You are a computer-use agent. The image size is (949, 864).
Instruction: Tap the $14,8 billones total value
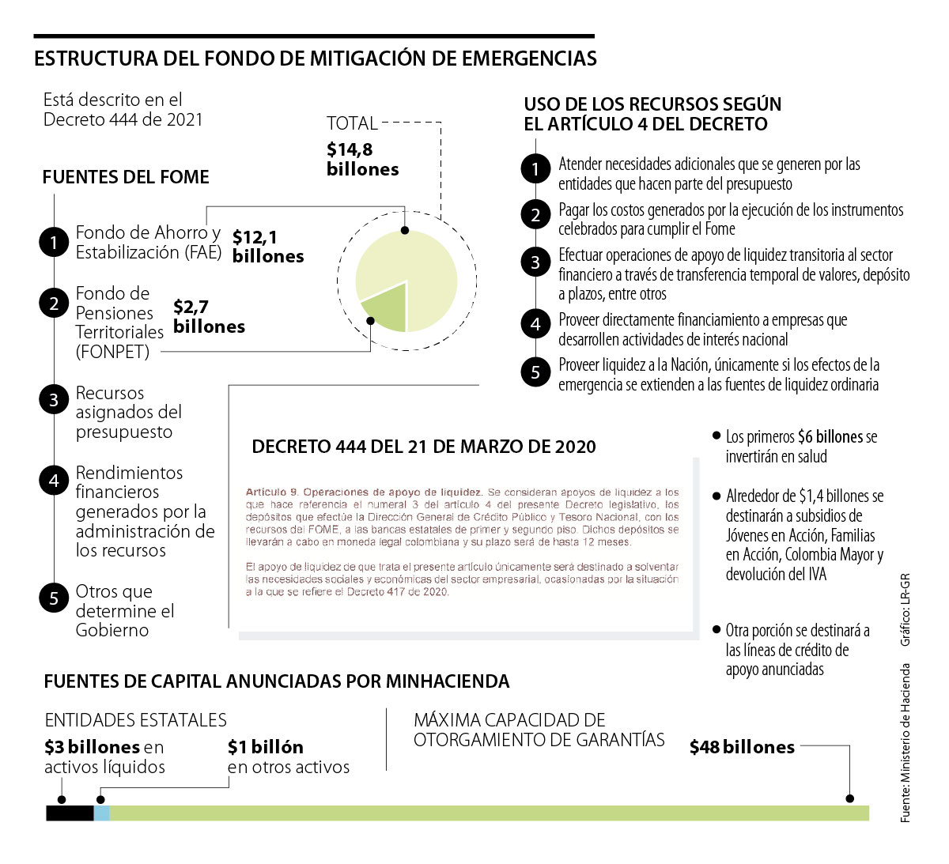[362, 159]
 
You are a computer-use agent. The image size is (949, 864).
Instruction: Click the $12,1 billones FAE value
[267, 247]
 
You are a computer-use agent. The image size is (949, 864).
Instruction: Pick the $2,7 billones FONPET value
[209, 316]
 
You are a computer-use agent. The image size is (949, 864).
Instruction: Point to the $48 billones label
[742, 747]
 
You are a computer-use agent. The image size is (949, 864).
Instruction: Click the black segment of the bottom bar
[70, 813]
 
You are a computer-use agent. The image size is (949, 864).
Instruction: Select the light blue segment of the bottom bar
[102, 813]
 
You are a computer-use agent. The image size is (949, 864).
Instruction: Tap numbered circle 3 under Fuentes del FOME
[54, 400]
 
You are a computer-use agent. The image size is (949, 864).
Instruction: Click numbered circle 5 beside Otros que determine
[54, 598]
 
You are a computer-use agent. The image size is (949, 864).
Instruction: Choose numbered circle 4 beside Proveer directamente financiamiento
[535, 323]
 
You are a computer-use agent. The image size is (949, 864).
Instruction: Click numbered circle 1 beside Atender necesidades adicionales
[535, 168]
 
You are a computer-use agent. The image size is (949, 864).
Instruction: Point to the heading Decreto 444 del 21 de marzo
[424, 447]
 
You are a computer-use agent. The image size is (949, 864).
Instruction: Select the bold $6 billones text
[830, 437]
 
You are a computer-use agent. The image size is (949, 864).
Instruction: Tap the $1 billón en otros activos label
[288, 756]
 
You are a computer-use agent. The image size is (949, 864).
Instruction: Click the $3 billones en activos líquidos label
[104, 756]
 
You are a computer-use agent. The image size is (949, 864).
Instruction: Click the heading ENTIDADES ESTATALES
[135, 720]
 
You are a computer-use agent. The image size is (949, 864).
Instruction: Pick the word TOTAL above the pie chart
[352, 123]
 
